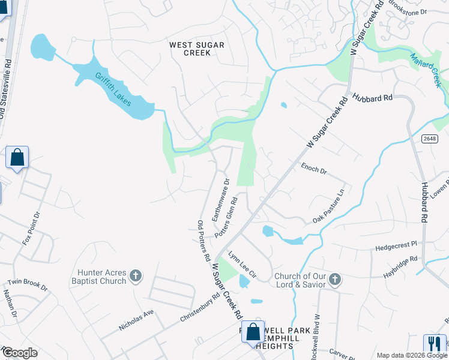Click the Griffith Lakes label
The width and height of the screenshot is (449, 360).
click(x=113, y=89)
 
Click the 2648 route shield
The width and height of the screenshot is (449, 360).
click(x=429, y=139)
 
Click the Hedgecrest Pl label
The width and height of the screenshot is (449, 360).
click(x=396, y=245)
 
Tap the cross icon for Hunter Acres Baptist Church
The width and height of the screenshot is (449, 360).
click(x=136, y=276)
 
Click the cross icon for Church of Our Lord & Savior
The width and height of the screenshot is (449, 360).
click(x=335, y=279)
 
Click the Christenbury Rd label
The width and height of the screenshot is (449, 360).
click(x=200, y=308)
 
